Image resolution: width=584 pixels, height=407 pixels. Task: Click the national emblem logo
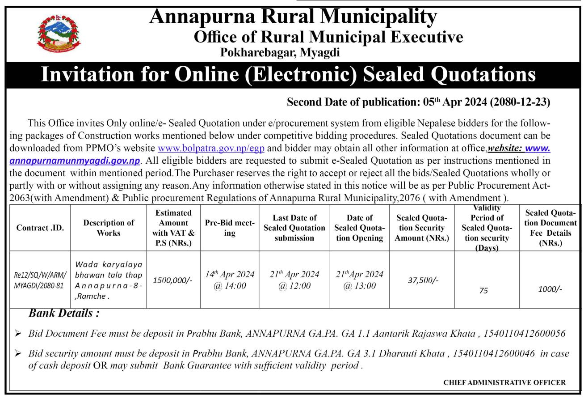coord(59,34)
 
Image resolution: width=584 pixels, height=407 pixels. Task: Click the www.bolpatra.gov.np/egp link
coord(211,148)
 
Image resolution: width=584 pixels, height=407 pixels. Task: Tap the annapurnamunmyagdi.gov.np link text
coord(75,161)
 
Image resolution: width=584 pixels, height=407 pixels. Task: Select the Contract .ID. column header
coord(40,228)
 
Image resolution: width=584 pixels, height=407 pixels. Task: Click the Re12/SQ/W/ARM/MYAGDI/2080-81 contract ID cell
coord(40,280)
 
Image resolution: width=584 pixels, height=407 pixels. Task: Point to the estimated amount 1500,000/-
coord(172,280)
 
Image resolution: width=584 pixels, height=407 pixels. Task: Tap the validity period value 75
coord(483,291)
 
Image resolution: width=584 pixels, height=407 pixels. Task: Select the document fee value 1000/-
coord(550,289)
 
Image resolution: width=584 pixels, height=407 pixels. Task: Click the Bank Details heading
coord(64,313)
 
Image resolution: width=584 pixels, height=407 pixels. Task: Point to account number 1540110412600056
coord(525,334)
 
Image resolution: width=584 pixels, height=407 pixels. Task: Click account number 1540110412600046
coord(494,354)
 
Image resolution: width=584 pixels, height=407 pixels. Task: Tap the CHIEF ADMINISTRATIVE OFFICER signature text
coord(504,382)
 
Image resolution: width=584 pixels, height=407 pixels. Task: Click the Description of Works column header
coord(109,228)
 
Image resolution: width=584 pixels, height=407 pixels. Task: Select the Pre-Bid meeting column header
coord(230,228)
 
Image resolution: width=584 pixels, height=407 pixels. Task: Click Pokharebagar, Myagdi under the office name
coord(280,53)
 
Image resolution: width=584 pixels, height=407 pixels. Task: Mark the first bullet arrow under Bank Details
coord(18,333)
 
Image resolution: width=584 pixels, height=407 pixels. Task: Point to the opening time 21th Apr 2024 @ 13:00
coord(360,280)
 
